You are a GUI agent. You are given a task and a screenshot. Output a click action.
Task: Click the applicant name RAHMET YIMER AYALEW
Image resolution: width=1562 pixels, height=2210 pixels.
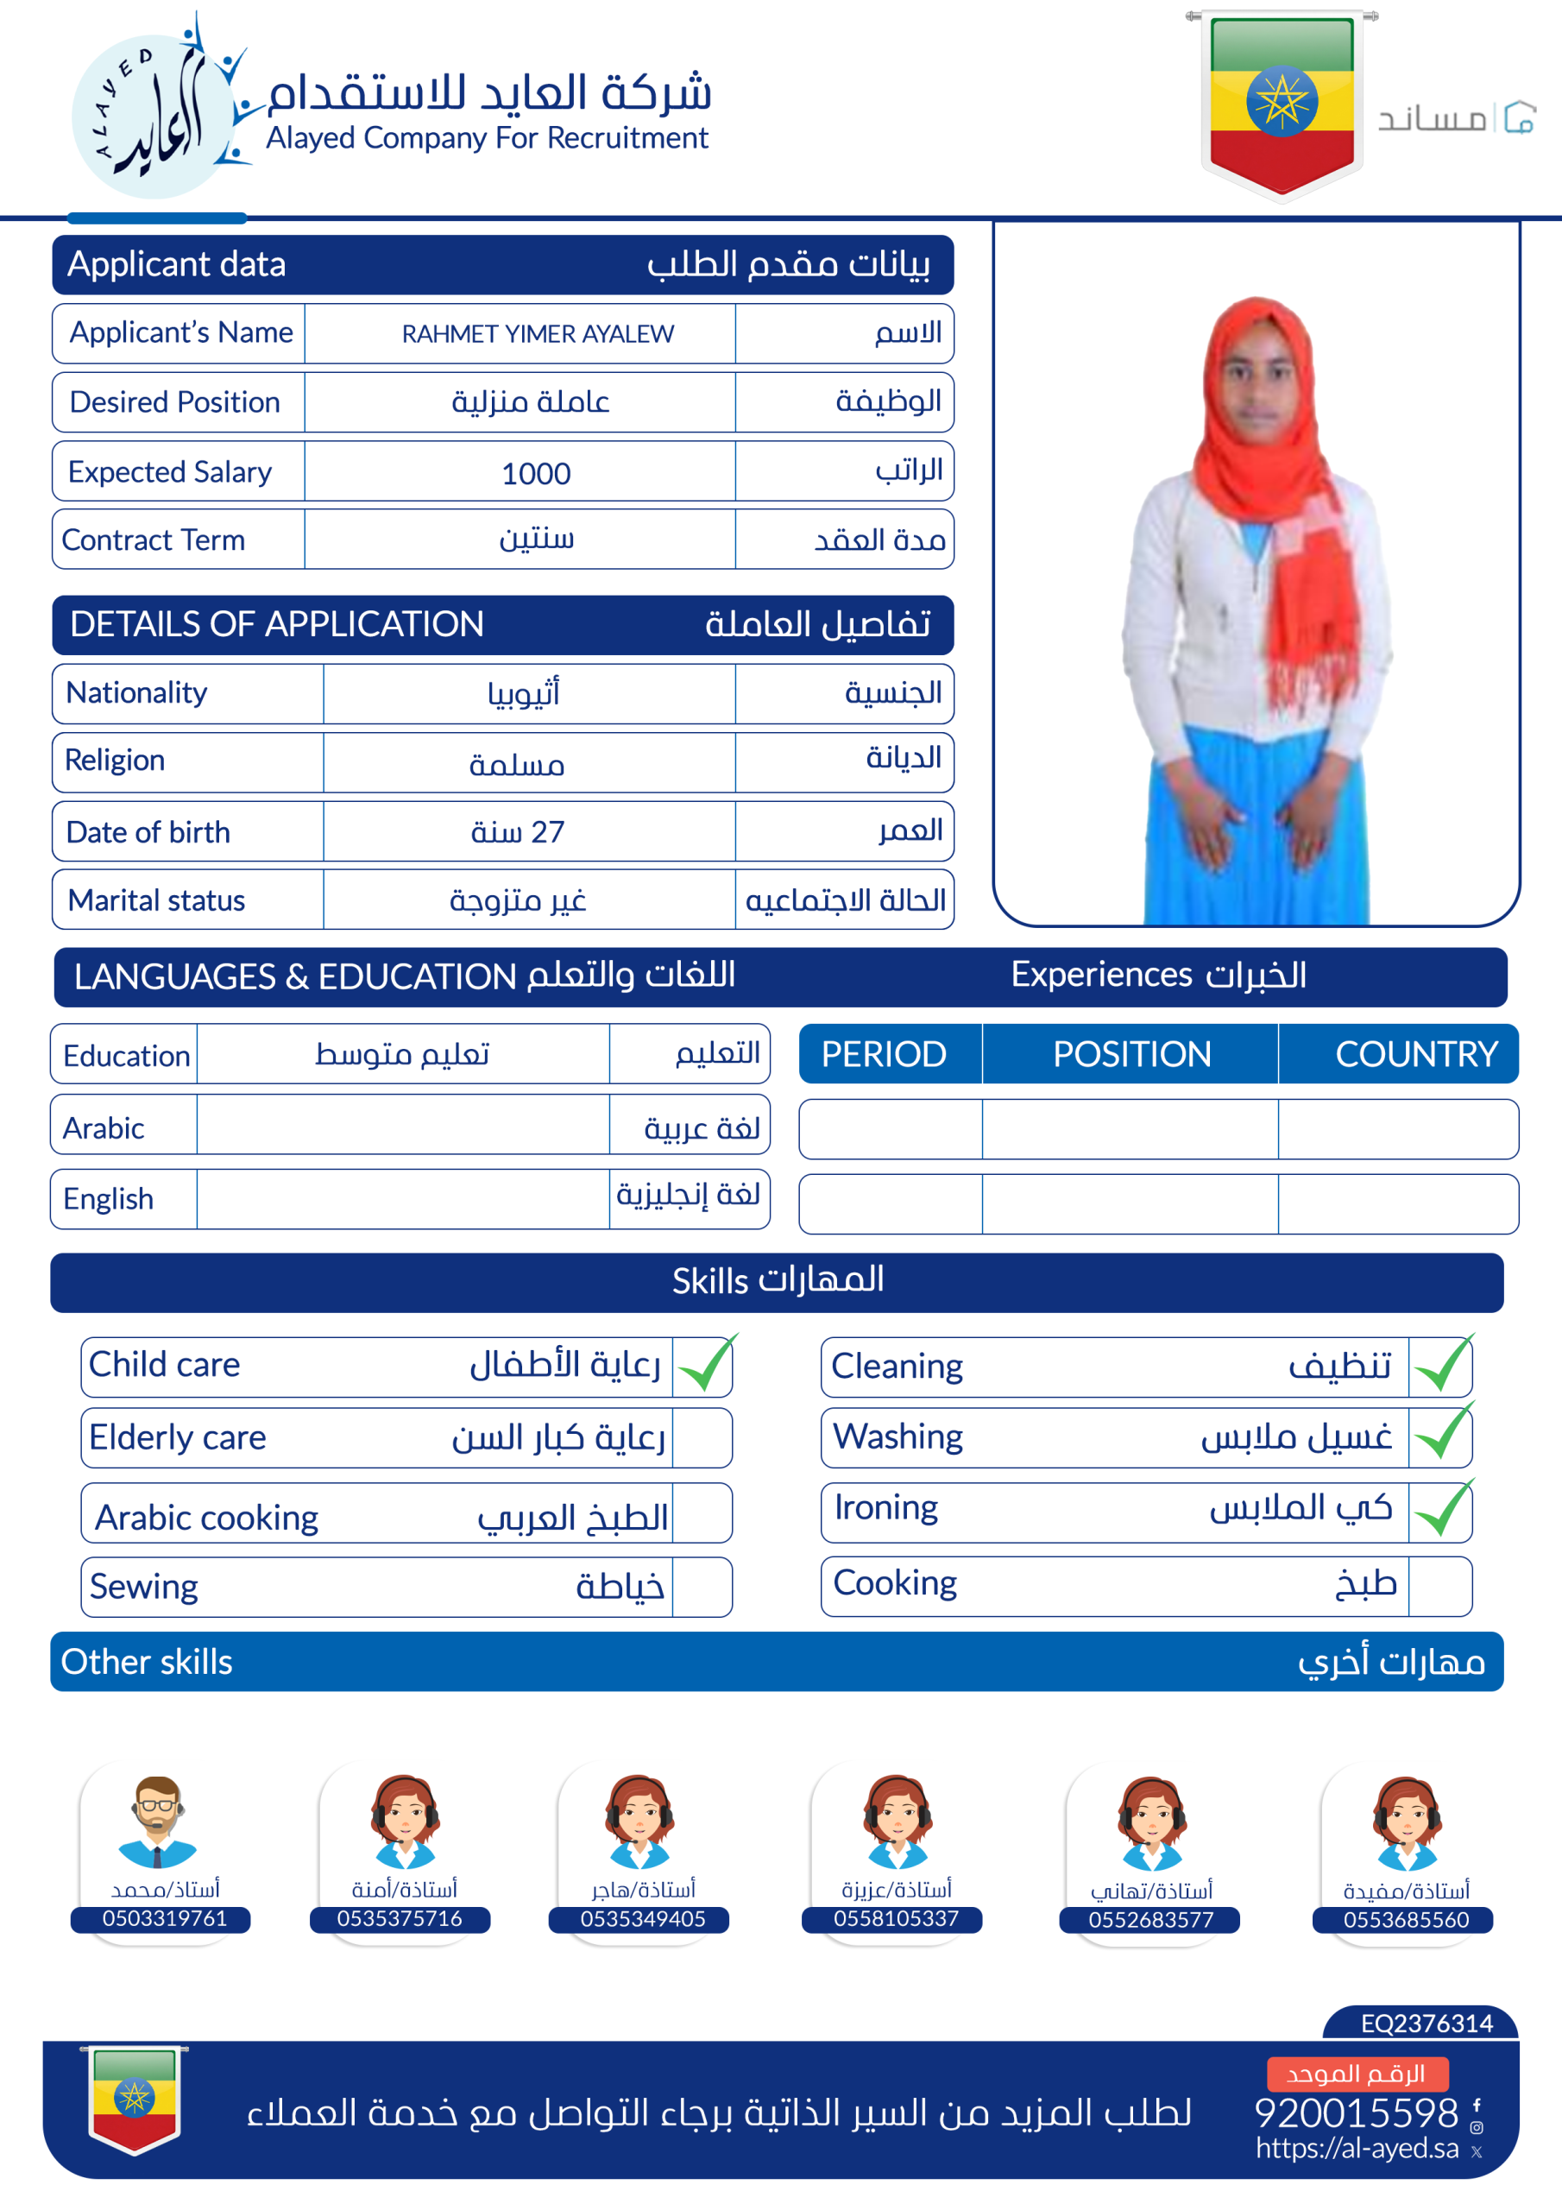click(537, 334)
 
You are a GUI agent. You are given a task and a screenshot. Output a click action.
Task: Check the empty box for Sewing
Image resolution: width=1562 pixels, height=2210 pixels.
click(702, 1588)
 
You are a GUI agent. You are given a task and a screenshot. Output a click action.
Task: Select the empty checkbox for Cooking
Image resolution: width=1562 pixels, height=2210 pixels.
click(1439, 1585)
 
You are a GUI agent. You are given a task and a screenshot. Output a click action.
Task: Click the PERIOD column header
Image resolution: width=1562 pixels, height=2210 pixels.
click(884, 1054)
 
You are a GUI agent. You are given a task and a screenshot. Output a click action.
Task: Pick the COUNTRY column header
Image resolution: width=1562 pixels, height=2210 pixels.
click(1415, 1054)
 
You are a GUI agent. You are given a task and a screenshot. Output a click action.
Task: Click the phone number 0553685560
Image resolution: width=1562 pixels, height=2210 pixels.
click(1406, 1919)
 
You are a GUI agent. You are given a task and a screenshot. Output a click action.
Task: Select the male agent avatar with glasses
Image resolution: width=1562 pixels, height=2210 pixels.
click(157, 1822)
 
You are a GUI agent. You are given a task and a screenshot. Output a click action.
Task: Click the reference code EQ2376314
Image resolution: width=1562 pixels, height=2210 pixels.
click(1427, 2024)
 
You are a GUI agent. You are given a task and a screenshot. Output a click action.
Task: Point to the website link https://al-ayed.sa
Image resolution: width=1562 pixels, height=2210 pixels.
click(1357, 2149)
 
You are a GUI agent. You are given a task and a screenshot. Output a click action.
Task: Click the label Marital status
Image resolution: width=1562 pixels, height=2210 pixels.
click(157, 900)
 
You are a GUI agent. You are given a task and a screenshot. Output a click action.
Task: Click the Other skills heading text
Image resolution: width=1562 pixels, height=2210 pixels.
click(147, 1663)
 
